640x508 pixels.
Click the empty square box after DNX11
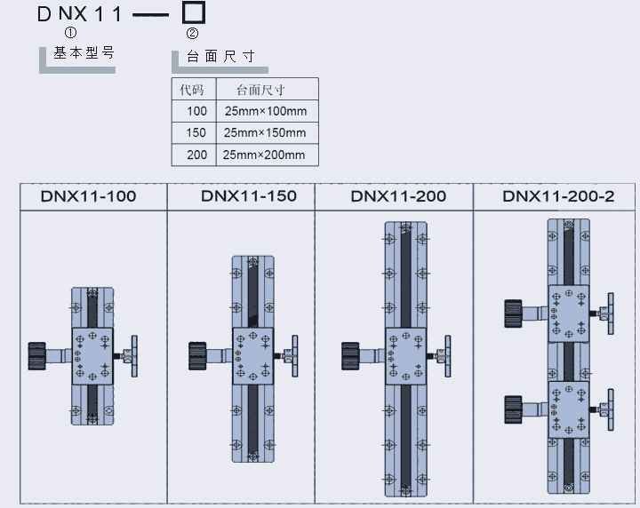[x=194, y=12]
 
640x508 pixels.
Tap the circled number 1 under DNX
[x=71, y=32]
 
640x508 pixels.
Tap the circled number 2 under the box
[x=193, y=33]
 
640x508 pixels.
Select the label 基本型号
[x=84, y=52]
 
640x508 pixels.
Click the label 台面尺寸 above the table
[x=221, y=56]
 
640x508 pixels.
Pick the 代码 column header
[x=192, y=90]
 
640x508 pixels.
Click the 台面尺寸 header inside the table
[x=260, y=90]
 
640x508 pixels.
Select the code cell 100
[x=196, y=111]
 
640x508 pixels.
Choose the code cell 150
[x=196, y=133]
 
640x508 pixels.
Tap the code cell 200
[x=196, y=155]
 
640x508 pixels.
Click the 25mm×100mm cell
[x=265, y=111]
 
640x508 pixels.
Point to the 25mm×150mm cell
[x=265, y=133]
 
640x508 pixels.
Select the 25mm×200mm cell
[x=265, y=155]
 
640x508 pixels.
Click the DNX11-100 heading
[x=89, y=196]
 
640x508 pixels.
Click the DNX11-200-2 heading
[x=558, y=196]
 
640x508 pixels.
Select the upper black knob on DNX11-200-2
[x=512, y=314]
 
